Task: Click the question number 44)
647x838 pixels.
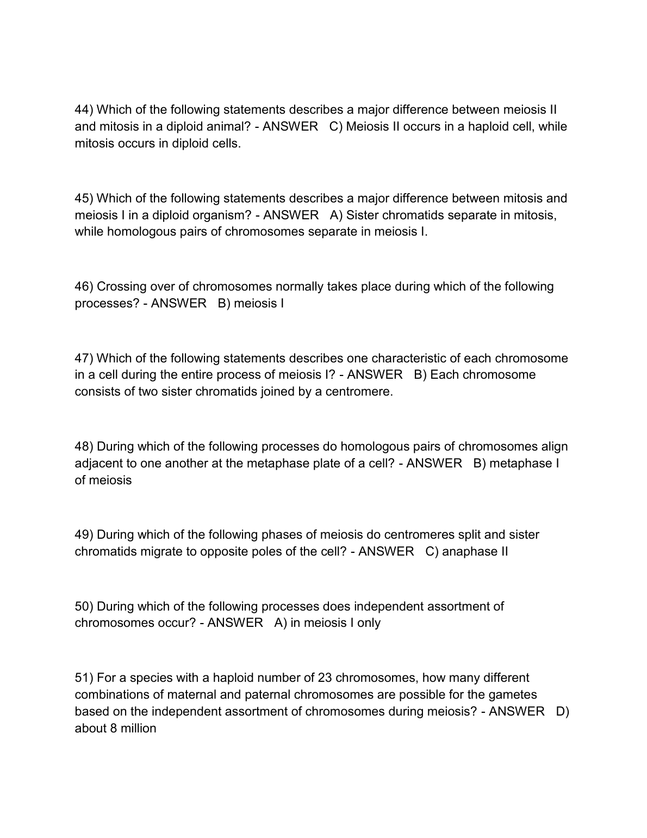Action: [84, 110]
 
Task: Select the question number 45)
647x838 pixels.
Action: [84, 198]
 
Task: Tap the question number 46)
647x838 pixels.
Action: [84, 287]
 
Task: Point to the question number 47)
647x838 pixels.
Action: [84, 359]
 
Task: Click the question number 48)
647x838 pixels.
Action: [84, 447]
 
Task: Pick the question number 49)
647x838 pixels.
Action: [84, 535]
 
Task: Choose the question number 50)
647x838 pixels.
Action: [84, 606]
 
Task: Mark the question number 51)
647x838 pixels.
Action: [84, 678]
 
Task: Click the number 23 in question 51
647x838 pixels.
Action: [325, 678]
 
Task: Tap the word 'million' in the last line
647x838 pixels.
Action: [138, 729]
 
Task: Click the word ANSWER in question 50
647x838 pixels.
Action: [235, 623]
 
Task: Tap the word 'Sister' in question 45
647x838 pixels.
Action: [362, 215]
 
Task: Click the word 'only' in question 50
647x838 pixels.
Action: [369, 623]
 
